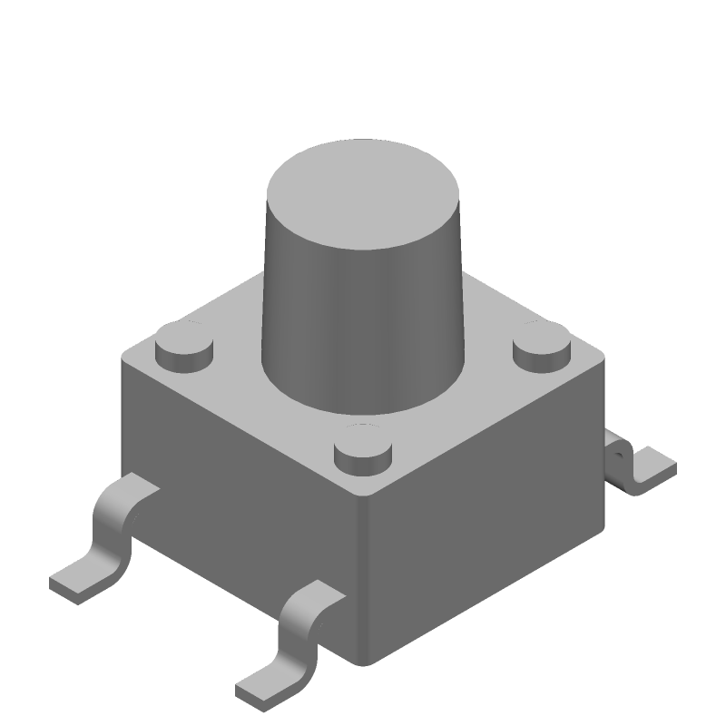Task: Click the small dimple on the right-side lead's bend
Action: click(619, 448)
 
